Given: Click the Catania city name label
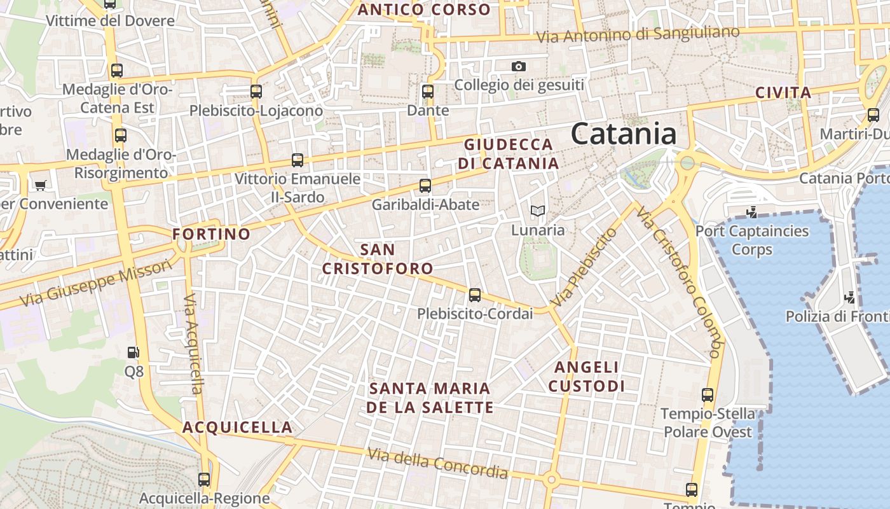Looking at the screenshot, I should pyautogui.click(x=623, y=134).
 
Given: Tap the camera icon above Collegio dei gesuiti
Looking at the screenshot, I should pyautogui.click(x=519, y=66).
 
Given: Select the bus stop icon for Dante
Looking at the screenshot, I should pyautogui.click(x=428, y=92).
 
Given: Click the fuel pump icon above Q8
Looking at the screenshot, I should pyautogui.click(x=133, y=352).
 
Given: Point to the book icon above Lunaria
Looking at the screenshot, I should pyautogui.click(x=537, y=211).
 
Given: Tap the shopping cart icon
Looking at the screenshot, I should pyautogui.click(x=41, y=185).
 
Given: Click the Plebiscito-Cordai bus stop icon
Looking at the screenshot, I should pyautogui.click(x=475, y=295).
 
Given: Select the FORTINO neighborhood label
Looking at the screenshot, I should pyautogui.click(x=212, y=234).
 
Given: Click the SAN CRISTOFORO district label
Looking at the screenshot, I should pyautogui.click(x=378, y=259).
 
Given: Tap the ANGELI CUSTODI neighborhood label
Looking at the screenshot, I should pyautogui.click(x=586, y=377).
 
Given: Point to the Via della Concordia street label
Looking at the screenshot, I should pyautogui.click(x=438, y=463).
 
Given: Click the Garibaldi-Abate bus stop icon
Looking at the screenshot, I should pyautogui.click(x=425, y=186).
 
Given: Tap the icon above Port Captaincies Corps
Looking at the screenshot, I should pyautogui.click(x=752, y=212).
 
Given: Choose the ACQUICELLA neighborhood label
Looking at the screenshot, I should pyautogui.click(x=238, y=427).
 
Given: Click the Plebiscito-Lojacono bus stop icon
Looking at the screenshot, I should pyautogui.click(x=256, y=92).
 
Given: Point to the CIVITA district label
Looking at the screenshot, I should pyautogui.click(x=783, y=92).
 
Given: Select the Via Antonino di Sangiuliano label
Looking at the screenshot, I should pyautogui.click(x=638, y=34).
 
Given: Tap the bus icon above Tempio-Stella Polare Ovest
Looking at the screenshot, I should pyautogui.click(x=708, y=395).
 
